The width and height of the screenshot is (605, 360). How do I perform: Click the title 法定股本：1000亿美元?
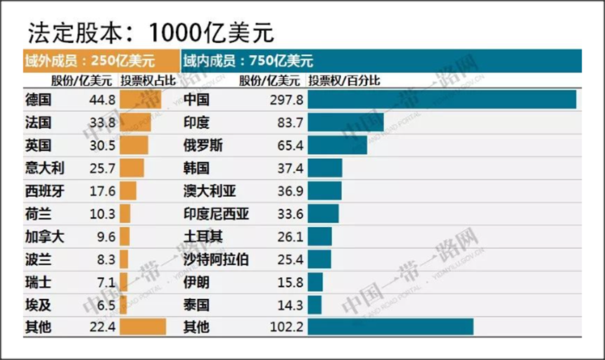pos(151,32)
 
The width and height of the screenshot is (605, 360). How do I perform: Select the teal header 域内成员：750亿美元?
pos(248,60)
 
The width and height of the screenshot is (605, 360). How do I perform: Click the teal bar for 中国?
pos(442,100)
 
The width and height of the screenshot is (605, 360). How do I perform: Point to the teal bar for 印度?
pos(345,123)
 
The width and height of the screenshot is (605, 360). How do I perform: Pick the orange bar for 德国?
pos(140,100)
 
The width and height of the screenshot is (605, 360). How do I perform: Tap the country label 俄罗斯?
pos(203,146)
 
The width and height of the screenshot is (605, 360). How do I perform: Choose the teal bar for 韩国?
pos(325,168)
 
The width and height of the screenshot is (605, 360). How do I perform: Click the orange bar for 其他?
pos(143,327)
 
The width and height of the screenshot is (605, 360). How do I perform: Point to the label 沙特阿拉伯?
pos(215,259)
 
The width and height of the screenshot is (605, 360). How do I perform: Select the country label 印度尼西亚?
pos(216,214)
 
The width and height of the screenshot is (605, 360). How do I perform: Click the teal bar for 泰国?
pos(314,304)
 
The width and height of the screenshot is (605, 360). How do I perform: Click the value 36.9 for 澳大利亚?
pos(288,191)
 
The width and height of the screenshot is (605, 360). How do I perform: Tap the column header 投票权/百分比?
pos(344,81)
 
